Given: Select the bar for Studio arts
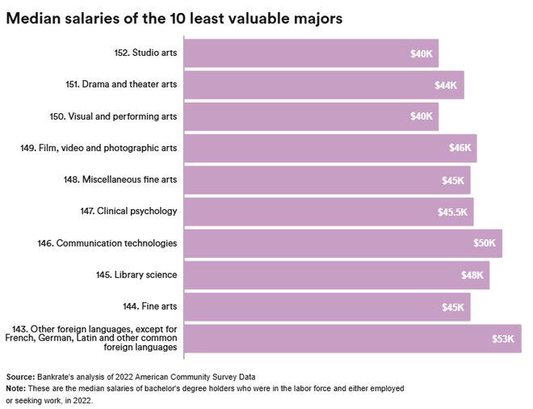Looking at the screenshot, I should [311, 53].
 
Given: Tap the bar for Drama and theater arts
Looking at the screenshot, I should [323, 85].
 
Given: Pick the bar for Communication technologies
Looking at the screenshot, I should [342, 242].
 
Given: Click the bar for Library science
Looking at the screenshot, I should [336, 275].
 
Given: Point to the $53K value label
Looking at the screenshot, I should [502, 339].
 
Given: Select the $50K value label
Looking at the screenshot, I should [485, 242].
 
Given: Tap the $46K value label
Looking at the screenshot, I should [460, 148].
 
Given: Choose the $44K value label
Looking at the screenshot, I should [447, 85].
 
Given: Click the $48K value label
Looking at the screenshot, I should [472, 275].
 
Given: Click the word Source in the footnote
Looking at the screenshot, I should [19, 377].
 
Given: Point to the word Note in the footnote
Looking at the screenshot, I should [15, 389].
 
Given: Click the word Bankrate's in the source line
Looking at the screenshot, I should [57, 377].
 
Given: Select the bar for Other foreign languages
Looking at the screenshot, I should [352, 339].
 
